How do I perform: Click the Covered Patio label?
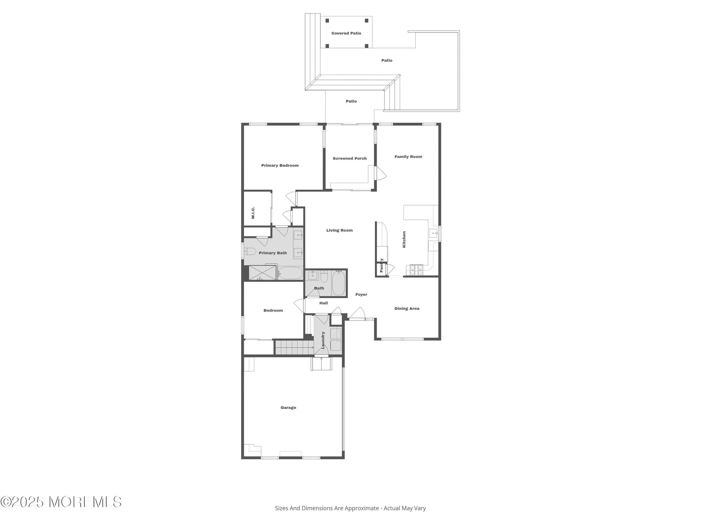point(346,33)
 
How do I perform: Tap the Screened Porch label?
point(349,159)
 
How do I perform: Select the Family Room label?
point(408,157)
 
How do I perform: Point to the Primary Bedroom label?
point(280,166)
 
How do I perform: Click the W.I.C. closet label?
point(253,213)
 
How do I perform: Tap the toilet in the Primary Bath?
point(250,251)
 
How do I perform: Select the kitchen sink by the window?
point(433,233)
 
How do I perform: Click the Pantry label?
point(381,265)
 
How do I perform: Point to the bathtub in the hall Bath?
point(339,283)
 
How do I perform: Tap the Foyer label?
point(361,295)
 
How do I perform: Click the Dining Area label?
point(407,309)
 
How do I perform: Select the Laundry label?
point(323,340)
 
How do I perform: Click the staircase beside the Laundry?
point(294,348)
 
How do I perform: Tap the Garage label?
point(288,407)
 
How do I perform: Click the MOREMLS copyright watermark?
point(61,502)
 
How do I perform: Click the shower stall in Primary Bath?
point(263,273)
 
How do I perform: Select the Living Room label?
point(339,230)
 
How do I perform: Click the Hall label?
point(324,303)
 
